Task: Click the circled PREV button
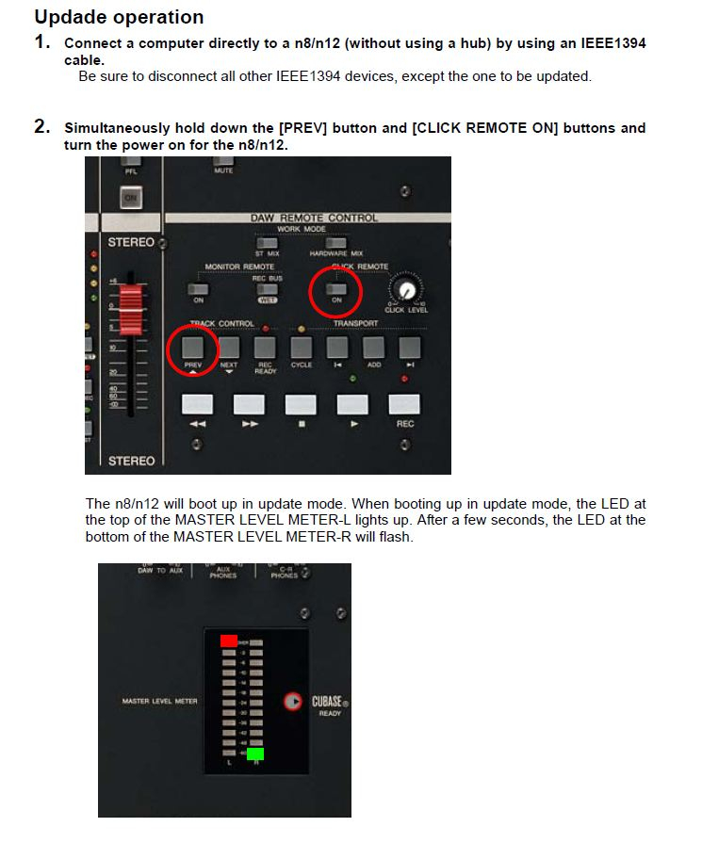(x=193, y=348)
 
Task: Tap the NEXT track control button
(x=229, y=348)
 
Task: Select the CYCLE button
(x=302, y=348)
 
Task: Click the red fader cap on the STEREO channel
(x=133, y=303)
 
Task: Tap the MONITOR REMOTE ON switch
(x=198, y=288)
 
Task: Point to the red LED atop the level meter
(x=229, y=640)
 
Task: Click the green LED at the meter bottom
(x=255, y=754)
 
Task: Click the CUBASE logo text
(x=327, y=702)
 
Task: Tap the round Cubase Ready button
(x=294, y=702)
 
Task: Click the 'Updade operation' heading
(x=119, y=17)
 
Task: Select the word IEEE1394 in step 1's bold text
(x=612, y=43)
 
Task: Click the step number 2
(x=41, y=127)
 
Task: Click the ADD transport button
(x=373, y=348)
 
